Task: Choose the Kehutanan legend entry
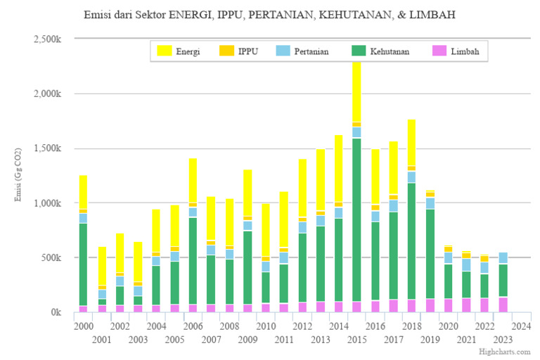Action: pyautogui.click(x=378, y=51)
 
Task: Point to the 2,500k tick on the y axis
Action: pyautogui.click(x=48, y=39)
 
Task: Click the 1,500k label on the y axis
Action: pyautogui.click(x=48, y=148)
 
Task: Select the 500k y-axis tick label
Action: pyautogui.click(x=52, y=257)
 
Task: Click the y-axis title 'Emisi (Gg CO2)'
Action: pyautogui.click(x=19, y=176)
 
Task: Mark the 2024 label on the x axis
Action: pyautogui.click(x=521, y=326)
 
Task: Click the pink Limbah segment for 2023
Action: pyautogui.click(x=503, y=304)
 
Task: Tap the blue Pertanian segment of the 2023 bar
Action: pyautogui.click(x=503, y=257)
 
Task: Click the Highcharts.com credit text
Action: pyautogui.click(x=504, y=351)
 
